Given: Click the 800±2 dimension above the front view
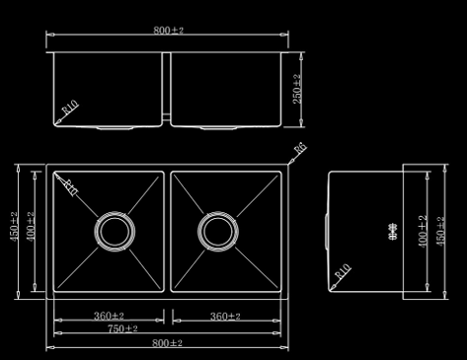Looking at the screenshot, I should (x=169, y=31).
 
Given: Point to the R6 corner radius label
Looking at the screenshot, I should (x=300, y=148).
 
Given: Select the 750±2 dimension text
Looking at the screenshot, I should (x=122, y=328).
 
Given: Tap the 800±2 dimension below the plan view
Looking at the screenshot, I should (x=168, y=342).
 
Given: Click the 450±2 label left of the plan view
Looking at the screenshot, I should (x=14, y=231).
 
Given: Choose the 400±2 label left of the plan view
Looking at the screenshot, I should (x=30, y=231).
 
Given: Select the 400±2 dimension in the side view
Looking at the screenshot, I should (x=423, y=231).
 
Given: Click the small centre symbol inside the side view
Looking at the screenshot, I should (x=393, y=233).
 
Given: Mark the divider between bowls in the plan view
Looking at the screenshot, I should (x=168, y=231).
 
